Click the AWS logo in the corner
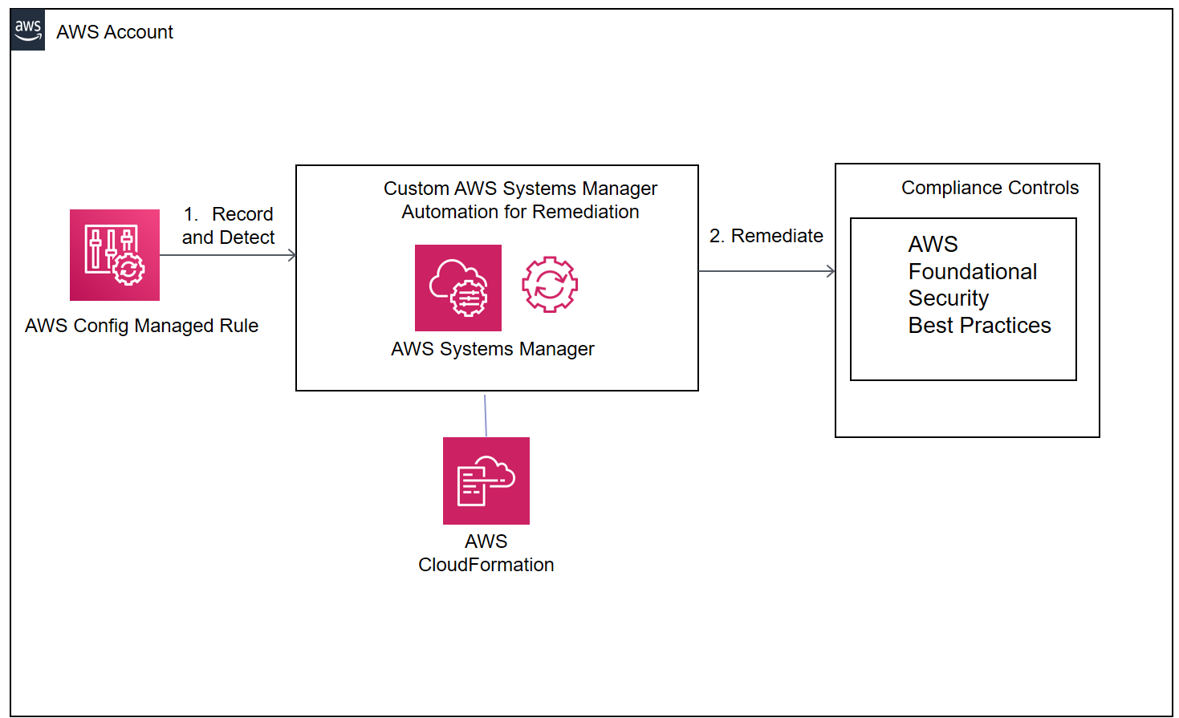click(x=27, y=30)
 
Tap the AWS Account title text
click(x=115, y=32)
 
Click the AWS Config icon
click(x=115, y=255)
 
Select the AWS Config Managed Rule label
click(x=141, y=326)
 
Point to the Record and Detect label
click(x=229, y=225)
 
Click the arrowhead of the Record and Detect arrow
click(x=293, y=256)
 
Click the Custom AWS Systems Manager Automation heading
click(x=520, y=200)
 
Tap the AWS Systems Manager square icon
click(x=458, y=288)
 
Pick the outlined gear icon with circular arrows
click(x=550, y=285)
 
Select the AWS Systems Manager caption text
click(x=493, y=349)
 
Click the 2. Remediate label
click(x=766, y=236)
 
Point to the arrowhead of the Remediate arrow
click(x=831, y=271)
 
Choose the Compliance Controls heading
click(x=990, y=188)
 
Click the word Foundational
click(x=973, y=271)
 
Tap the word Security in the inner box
click(x=949, y=298)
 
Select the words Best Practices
click(x=979, y=326)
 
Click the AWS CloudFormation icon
click(x=486, y=481)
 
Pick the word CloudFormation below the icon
click(x=486, y=565)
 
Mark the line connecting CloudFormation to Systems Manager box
click(x=486, y=416)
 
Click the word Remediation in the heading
click(x=586, y=212)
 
